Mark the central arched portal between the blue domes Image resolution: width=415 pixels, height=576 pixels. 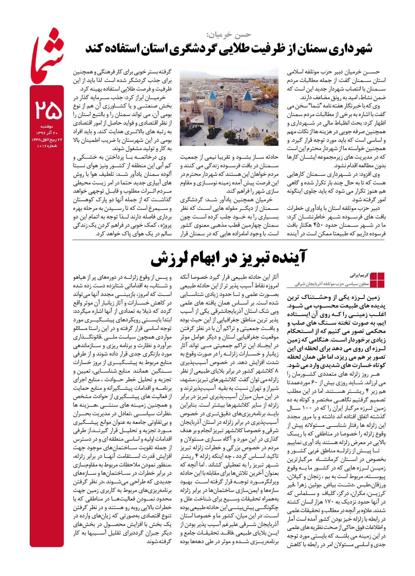pos(229,102)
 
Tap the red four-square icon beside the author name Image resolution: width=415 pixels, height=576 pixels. pos(377,280)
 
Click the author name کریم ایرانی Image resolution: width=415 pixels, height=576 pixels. pos(358,276)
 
